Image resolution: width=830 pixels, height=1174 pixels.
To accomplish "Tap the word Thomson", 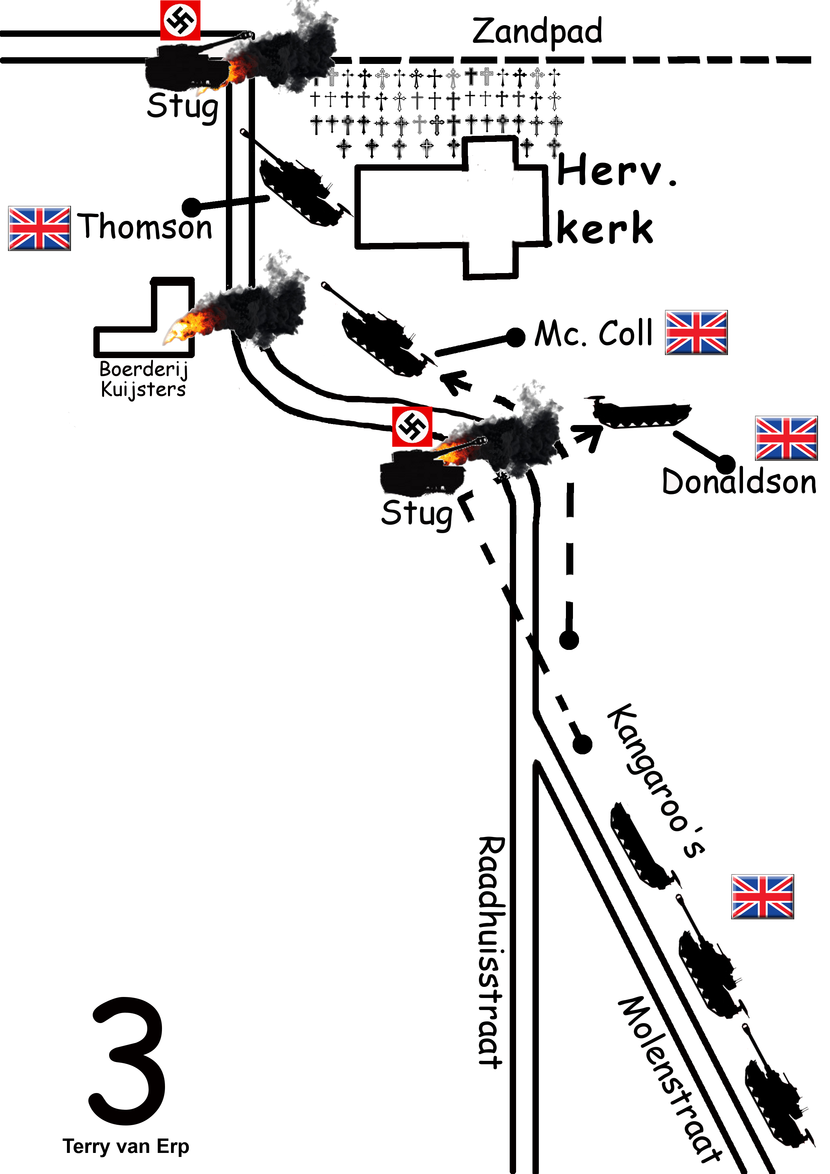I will point(145,227).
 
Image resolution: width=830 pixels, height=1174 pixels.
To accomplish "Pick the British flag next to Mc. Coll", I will point(696,332).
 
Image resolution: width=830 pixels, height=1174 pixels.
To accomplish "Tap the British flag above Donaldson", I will point(786,438).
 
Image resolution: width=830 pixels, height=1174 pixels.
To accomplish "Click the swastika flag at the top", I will point(180,20).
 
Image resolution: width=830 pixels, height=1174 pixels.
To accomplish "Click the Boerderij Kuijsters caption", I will point(144,379).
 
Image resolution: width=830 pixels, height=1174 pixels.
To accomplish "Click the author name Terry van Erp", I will point(126,1146).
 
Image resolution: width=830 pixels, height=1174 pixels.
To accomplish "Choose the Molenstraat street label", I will point(670,1079).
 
